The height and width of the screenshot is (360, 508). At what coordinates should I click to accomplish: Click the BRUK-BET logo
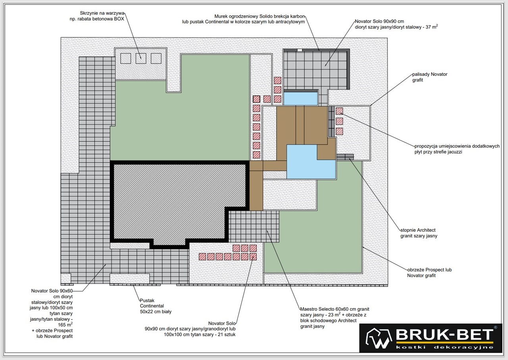point(431,338)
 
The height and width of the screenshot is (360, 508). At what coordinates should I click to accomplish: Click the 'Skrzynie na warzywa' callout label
point(97,16)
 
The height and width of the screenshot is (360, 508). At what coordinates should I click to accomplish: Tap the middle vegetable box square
point(141,58)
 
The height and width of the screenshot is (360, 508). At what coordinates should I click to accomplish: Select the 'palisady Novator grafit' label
point(430,77)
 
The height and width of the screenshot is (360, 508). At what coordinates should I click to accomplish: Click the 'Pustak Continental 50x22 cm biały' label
point(156,306)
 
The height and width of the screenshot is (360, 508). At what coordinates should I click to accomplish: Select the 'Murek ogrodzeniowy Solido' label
point(244,19)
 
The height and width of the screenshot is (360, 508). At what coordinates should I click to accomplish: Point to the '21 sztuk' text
point(227,334)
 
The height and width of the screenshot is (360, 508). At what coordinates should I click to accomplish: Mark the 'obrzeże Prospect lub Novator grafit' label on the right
point(429,273)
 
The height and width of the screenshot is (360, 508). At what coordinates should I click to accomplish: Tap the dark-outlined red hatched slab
point(256,99)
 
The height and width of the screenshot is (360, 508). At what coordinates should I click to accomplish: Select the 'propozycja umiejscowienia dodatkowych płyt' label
point(457,149)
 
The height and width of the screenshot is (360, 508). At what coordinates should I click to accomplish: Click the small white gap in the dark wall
point(300,50)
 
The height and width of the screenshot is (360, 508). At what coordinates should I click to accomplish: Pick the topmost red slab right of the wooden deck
point(339,111)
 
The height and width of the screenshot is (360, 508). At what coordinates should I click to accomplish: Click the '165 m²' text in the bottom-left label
point(65,324)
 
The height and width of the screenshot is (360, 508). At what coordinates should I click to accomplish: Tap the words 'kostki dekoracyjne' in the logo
point(444,347)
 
